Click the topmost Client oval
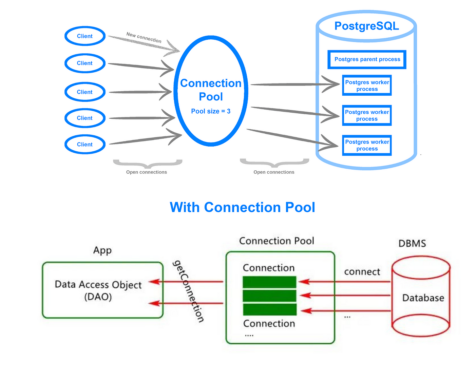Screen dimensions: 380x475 click(85, 36)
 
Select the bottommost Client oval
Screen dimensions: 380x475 click(85, 145)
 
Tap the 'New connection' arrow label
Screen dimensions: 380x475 click(144, 38)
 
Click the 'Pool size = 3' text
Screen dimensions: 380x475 click(211, 111)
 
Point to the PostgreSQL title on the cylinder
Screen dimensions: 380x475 click(366, 26)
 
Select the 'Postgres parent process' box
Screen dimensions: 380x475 click(367, 59)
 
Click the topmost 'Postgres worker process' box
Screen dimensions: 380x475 click(367, 85)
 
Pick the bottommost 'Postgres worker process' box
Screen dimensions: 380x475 click(367, 145)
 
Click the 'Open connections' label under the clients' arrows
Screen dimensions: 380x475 click(147, 172)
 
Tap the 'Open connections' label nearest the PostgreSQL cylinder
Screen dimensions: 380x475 click(274, 172)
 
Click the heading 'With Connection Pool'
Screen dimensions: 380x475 click(242, 207)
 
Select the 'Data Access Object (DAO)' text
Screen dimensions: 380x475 click(98, 290)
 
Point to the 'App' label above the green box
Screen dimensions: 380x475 click(102, 250)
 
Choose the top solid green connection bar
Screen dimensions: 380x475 click(269, 282)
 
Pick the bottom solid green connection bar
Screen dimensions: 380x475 click(269, 309)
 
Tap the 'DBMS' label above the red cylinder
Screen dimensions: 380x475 click(412, 244)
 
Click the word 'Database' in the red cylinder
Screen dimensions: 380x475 click(423, 298)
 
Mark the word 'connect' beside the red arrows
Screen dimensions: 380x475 click(362, 272)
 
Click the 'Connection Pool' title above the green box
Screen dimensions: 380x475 click(277, 241)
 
